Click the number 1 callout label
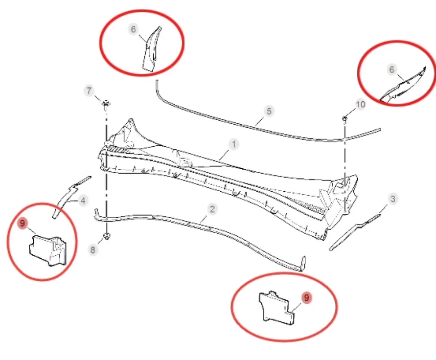click(234, 144)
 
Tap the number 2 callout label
click(212, 209)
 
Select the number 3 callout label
click(393, 198)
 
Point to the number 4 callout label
click(82, 200)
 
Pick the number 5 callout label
click(269, 111)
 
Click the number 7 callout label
click(89, 91)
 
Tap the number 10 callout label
click(360, 104)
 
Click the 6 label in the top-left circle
click(133, 30)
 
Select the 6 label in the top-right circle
click(392, 69)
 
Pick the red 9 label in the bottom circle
click(307, 297)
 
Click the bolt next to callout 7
click(106, 105)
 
